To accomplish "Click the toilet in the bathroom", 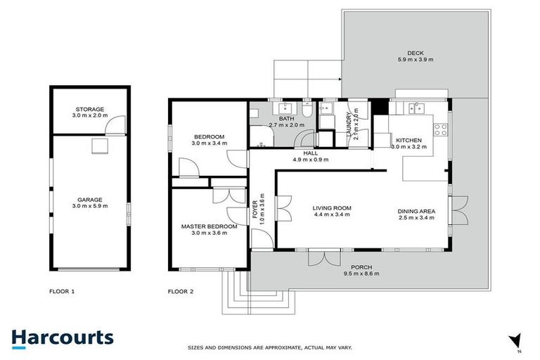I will click(x=308, y=114).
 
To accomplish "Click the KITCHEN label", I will click(x=409, y=140).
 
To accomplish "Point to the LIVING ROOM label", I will click(x=332, y=208).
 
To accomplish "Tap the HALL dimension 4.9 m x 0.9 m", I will click(x=310, y=160).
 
